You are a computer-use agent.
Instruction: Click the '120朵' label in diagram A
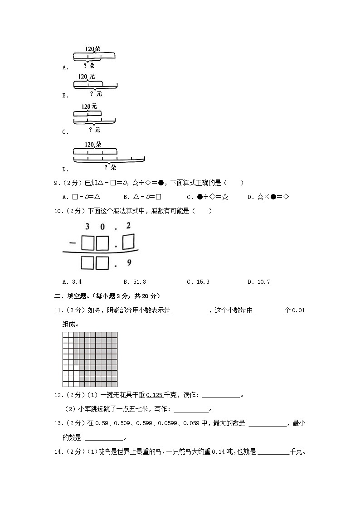(x=93, y=48)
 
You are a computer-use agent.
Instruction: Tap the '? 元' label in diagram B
(x=96, y=94)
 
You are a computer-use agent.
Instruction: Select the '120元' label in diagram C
(x=89, y=107)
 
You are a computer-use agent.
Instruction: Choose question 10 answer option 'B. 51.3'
(x=134, y=282)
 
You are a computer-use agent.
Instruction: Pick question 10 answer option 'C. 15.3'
(x=198, y=282)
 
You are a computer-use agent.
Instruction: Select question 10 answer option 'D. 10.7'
(x=259, y=282)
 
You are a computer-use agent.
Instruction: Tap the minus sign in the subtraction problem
(x=72, y=243)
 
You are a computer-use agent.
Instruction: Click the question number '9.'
(x=57, y=183)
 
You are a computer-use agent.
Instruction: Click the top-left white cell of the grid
(x=65, y=334)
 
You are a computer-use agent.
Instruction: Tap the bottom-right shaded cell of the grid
(x=115, y=384)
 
